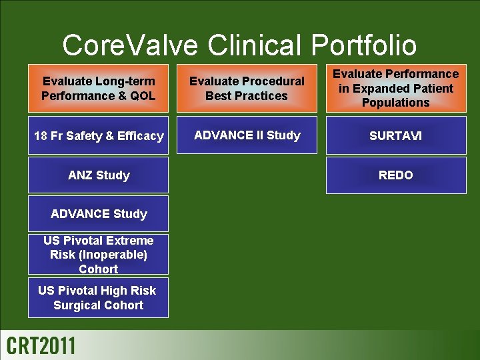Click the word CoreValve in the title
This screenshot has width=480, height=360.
(x=130, y=45)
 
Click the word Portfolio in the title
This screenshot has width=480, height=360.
(x=363, y=45)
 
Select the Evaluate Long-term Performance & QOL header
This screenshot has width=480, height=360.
(x=98, y=88)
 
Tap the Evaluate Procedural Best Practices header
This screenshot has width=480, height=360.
(x=247, y=88)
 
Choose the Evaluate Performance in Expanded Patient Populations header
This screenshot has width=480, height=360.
(x=395, y=88)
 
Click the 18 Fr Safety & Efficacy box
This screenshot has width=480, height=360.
(x=98, y=136)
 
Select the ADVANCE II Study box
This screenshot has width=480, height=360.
(x=247, y=135)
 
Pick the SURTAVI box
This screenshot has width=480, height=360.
(x=395, y=136)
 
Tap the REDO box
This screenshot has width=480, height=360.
(x=395, y=175)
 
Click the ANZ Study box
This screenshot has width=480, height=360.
(x=98, y=175)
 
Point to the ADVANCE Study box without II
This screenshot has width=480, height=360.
(x=98, y=214)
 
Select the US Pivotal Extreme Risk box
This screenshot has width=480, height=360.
(x=98, y=255)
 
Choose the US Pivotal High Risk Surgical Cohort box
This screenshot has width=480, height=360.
(x=98, y=298)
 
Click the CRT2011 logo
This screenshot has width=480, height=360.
(x=41, y=346)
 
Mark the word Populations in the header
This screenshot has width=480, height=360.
(x=395, y=103)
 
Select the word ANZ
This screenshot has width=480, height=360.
(x=81, y=175)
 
